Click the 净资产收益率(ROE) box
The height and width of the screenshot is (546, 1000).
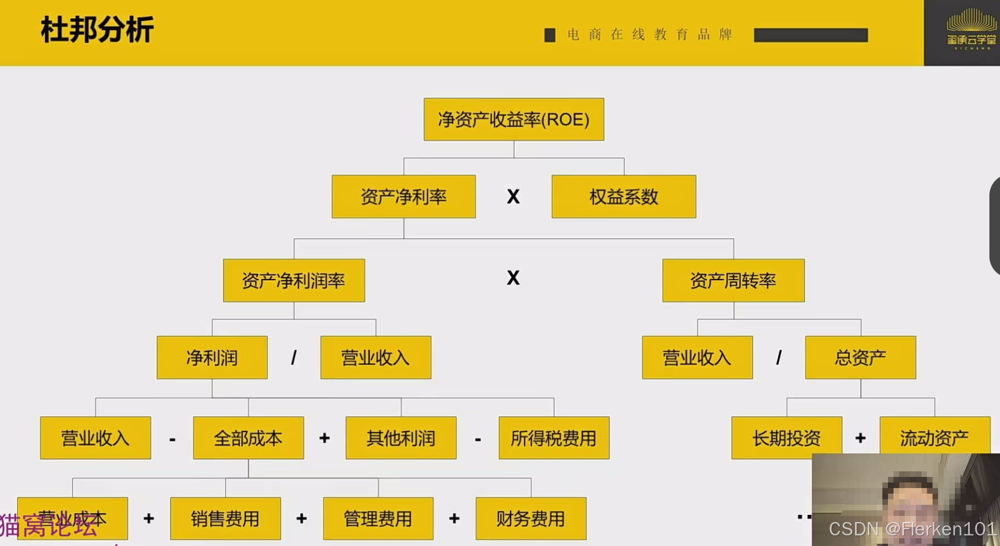click(x=513, y=119)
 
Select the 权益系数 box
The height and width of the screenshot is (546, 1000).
click(x=624, y=197)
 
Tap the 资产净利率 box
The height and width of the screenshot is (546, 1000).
click(x=404, y=197)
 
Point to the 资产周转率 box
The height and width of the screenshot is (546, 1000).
click(x=733, y=280)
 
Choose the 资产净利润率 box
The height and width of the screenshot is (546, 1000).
click(x=294, y=280)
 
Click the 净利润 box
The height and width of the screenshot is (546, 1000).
click(x=212, y=357)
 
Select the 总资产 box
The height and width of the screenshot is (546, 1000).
click(x=860, y=357)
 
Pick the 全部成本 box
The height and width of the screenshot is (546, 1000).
click(x=248, y=438)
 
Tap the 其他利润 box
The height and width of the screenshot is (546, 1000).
click(x=401, y=438)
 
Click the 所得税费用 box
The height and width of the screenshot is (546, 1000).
click(x=554, y=438)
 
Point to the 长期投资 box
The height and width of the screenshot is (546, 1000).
click(x=787, y=438)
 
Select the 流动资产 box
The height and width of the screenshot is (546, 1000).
click(x=934, y=438)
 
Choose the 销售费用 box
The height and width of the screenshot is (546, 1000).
click(x=225, y=519)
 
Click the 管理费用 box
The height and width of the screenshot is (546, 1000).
click(x=378, y=519)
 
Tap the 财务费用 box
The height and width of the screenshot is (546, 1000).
click(x=531, y=519)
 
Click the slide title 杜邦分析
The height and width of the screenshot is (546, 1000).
click(x=97, y=30)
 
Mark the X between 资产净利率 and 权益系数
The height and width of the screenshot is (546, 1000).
click(x=513, y=197)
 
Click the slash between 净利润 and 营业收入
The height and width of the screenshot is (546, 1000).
click(x=294, y=357)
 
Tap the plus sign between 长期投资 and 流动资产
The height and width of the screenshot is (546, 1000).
click(x=861, y=438)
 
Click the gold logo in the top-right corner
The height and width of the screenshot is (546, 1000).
click(x=971, y=29)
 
